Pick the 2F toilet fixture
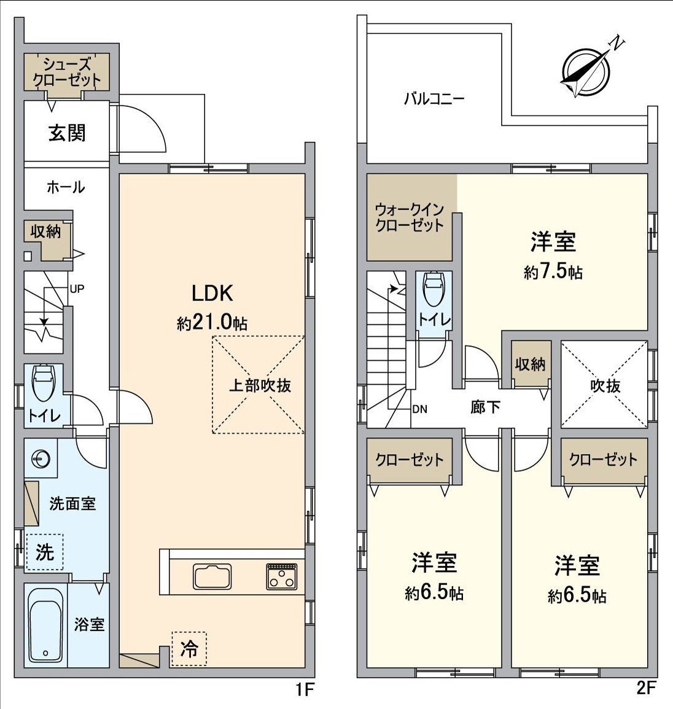tap(435, 289)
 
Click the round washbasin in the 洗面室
tap(41, 458)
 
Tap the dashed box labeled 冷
tap(189, 648)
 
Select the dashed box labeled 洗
tap(45, 552)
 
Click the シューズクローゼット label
tap(67, 71)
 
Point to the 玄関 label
tap(67, 133)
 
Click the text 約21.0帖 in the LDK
tap(212, 323)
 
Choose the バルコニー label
tap(434, 99)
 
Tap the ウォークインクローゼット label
tap(410, 217)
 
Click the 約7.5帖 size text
tap(553, 272)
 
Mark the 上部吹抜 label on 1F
tap(260, 385)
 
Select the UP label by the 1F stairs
tap(77, 289)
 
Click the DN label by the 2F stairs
tap(420, 409)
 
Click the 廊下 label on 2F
tap(485, 407)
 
